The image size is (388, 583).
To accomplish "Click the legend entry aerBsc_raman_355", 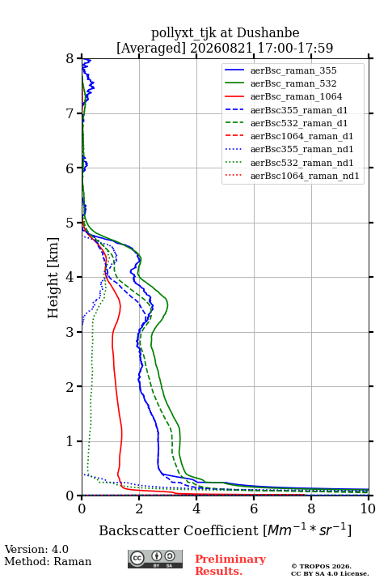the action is pos(293,70).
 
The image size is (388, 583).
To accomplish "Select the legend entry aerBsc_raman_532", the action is pos(293,83).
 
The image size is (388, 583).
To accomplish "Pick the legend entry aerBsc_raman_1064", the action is pos(297,96).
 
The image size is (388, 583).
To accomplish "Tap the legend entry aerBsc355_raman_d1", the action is pos(299,110).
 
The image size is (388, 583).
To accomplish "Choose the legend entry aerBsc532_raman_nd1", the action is pos(302,163).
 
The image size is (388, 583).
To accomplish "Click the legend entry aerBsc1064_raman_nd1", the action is pos(305,176).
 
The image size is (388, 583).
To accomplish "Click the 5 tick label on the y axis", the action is pos(70,223).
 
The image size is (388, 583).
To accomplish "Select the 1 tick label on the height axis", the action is pos(70,441).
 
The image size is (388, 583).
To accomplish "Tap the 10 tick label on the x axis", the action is pos(368,509).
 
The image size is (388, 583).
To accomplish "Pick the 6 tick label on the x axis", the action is pos(254,509).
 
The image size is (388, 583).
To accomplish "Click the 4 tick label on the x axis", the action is pos(196,509).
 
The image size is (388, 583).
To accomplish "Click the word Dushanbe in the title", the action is pos(268,32).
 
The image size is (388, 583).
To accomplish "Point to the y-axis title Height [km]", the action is pos(53,278).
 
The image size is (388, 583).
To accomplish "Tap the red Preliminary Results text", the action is pos(230,565).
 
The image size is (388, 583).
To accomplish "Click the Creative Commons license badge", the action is pos(155,560).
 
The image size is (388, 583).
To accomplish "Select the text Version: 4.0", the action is pos(36,549).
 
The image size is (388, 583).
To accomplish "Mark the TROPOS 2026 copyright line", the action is pos(322,566).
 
